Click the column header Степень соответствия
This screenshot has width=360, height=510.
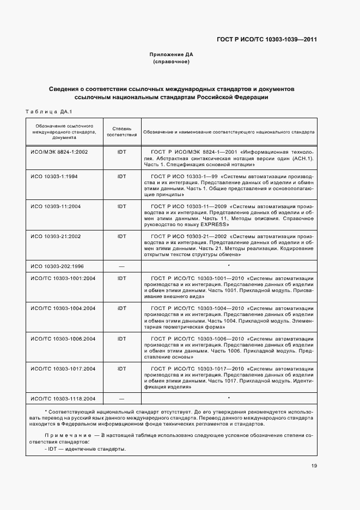click(121, 131)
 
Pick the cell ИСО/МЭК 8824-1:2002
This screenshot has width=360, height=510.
click(59, 151)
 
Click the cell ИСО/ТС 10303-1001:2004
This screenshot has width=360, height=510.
click(63, 278)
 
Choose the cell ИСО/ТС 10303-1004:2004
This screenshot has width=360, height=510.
click(63, 308)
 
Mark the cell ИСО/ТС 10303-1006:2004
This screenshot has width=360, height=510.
click(63, 338)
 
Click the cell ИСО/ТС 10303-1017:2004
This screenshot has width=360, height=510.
click(63, 369)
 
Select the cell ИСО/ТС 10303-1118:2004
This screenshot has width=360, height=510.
click(63, 398)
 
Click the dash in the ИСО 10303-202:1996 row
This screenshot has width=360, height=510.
click(121, 266)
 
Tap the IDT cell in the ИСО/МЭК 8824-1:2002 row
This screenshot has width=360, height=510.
click(121, 151)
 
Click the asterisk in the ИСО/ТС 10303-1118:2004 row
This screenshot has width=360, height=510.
click(229, 399)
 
